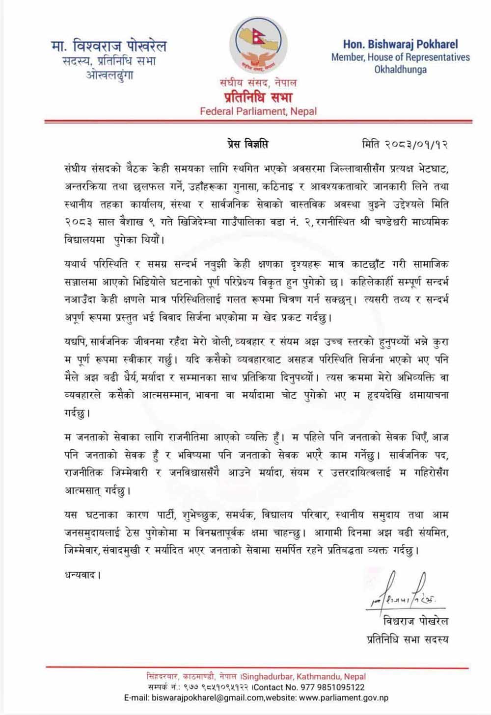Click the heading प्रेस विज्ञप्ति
[244, 145]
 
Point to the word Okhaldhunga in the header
[400, 70]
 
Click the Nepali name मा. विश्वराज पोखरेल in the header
[109, 47]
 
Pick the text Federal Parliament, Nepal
[258, 111]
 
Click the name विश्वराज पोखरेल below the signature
[415, 621]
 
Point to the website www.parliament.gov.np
[343, 697]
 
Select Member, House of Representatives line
[400, 57]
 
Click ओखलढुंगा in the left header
[109, 76]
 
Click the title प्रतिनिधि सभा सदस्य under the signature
[408, 639]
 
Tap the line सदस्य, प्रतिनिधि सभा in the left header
[109, 62]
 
